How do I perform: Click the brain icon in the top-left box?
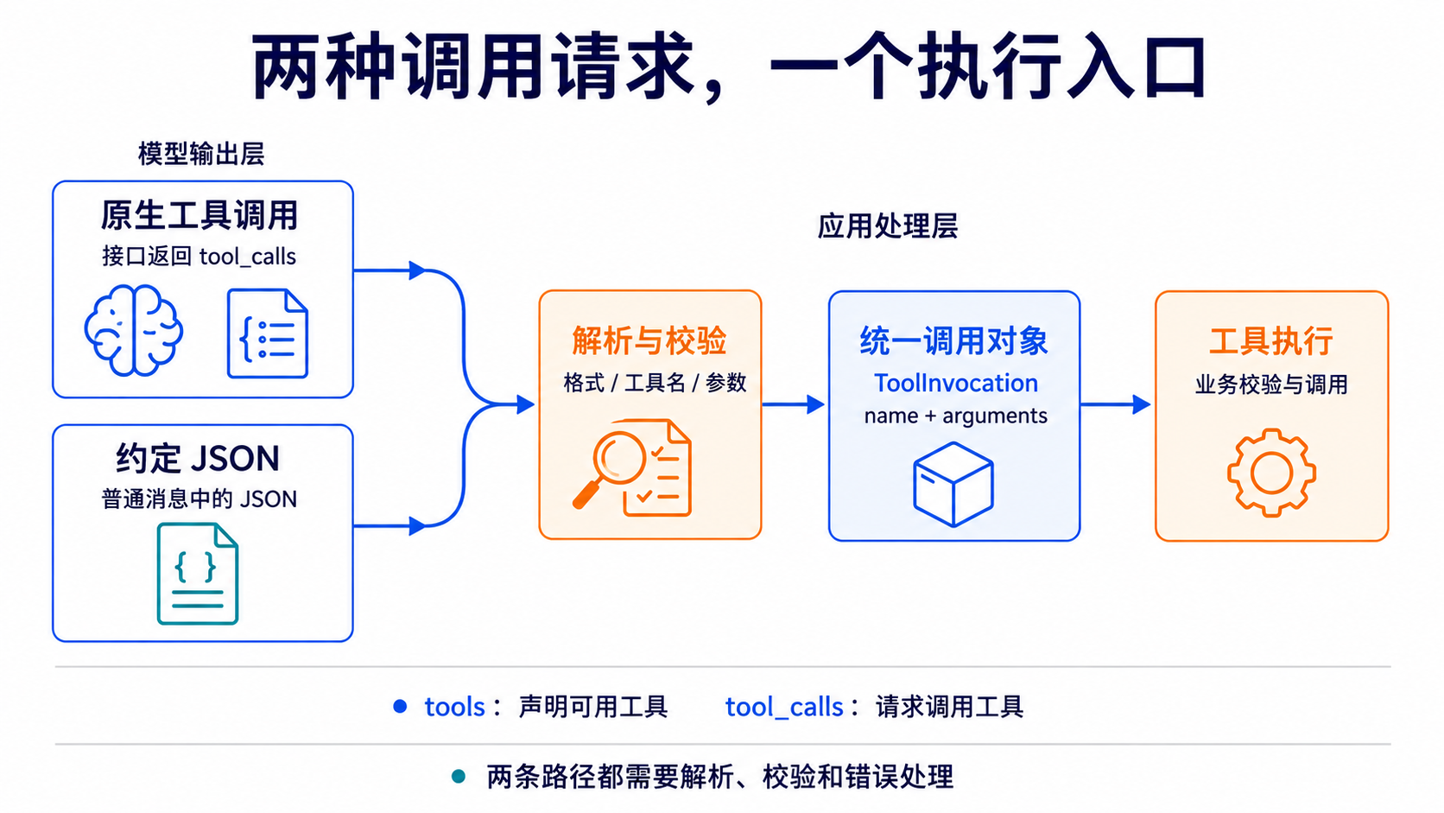(x=134, y=330)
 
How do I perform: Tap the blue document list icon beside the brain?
(x=268, y=333)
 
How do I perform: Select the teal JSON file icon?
(x=198, y=574)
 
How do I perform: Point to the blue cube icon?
(x=953, y=484)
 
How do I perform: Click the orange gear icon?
(x=1271, y=473)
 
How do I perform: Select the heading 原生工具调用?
(x=199, y=215)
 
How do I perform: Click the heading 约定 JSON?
(x=198, y=459)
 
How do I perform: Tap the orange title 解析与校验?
(x=649, y=340)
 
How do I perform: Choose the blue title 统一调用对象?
(x=954, y=340)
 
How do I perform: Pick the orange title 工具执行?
(x=1271, y=340)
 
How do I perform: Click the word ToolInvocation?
(x=956, y=383)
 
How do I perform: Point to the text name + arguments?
(x=955, y=416)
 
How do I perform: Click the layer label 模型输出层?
(x=201, y=154)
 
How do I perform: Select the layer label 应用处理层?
(x=888, y=226)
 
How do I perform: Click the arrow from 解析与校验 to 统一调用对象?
(x=794, y=404)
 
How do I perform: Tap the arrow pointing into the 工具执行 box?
(x=1115, y=404)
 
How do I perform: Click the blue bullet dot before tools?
(x=400, y=707)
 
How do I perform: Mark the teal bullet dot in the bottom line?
(x=459, y=776)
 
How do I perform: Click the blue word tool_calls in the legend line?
(x=784, y=708)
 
